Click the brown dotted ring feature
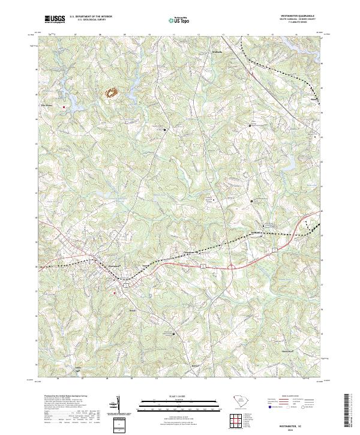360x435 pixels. [x=112, y=92]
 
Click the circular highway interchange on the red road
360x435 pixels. [x=230, y=266]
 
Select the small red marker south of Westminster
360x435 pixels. [x=114, y=293]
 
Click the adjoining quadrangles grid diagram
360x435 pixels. [x=238, y=422]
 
